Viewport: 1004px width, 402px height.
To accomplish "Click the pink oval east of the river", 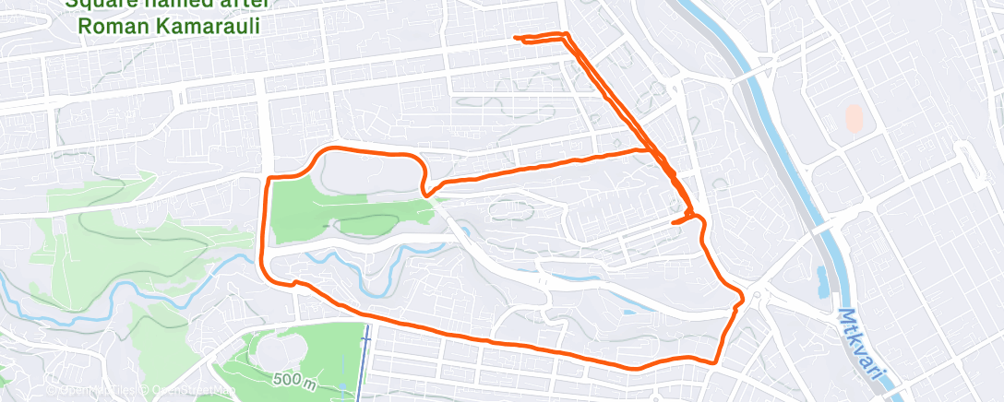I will coord(855,117).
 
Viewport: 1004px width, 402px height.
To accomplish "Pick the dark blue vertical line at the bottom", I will coord(365,364).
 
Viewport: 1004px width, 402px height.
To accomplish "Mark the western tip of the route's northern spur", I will coord(515,38).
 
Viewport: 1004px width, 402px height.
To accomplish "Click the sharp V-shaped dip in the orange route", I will coord(425,193).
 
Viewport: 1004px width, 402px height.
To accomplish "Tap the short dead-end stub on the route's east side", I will coord(676,221).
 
